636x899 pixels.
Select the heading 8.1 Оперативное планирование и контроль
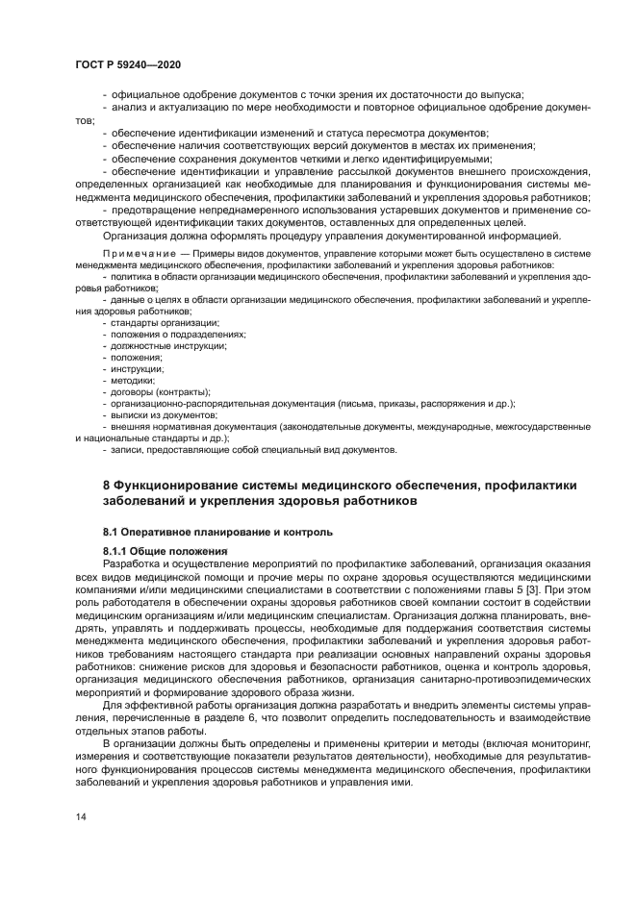point(217,531)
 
